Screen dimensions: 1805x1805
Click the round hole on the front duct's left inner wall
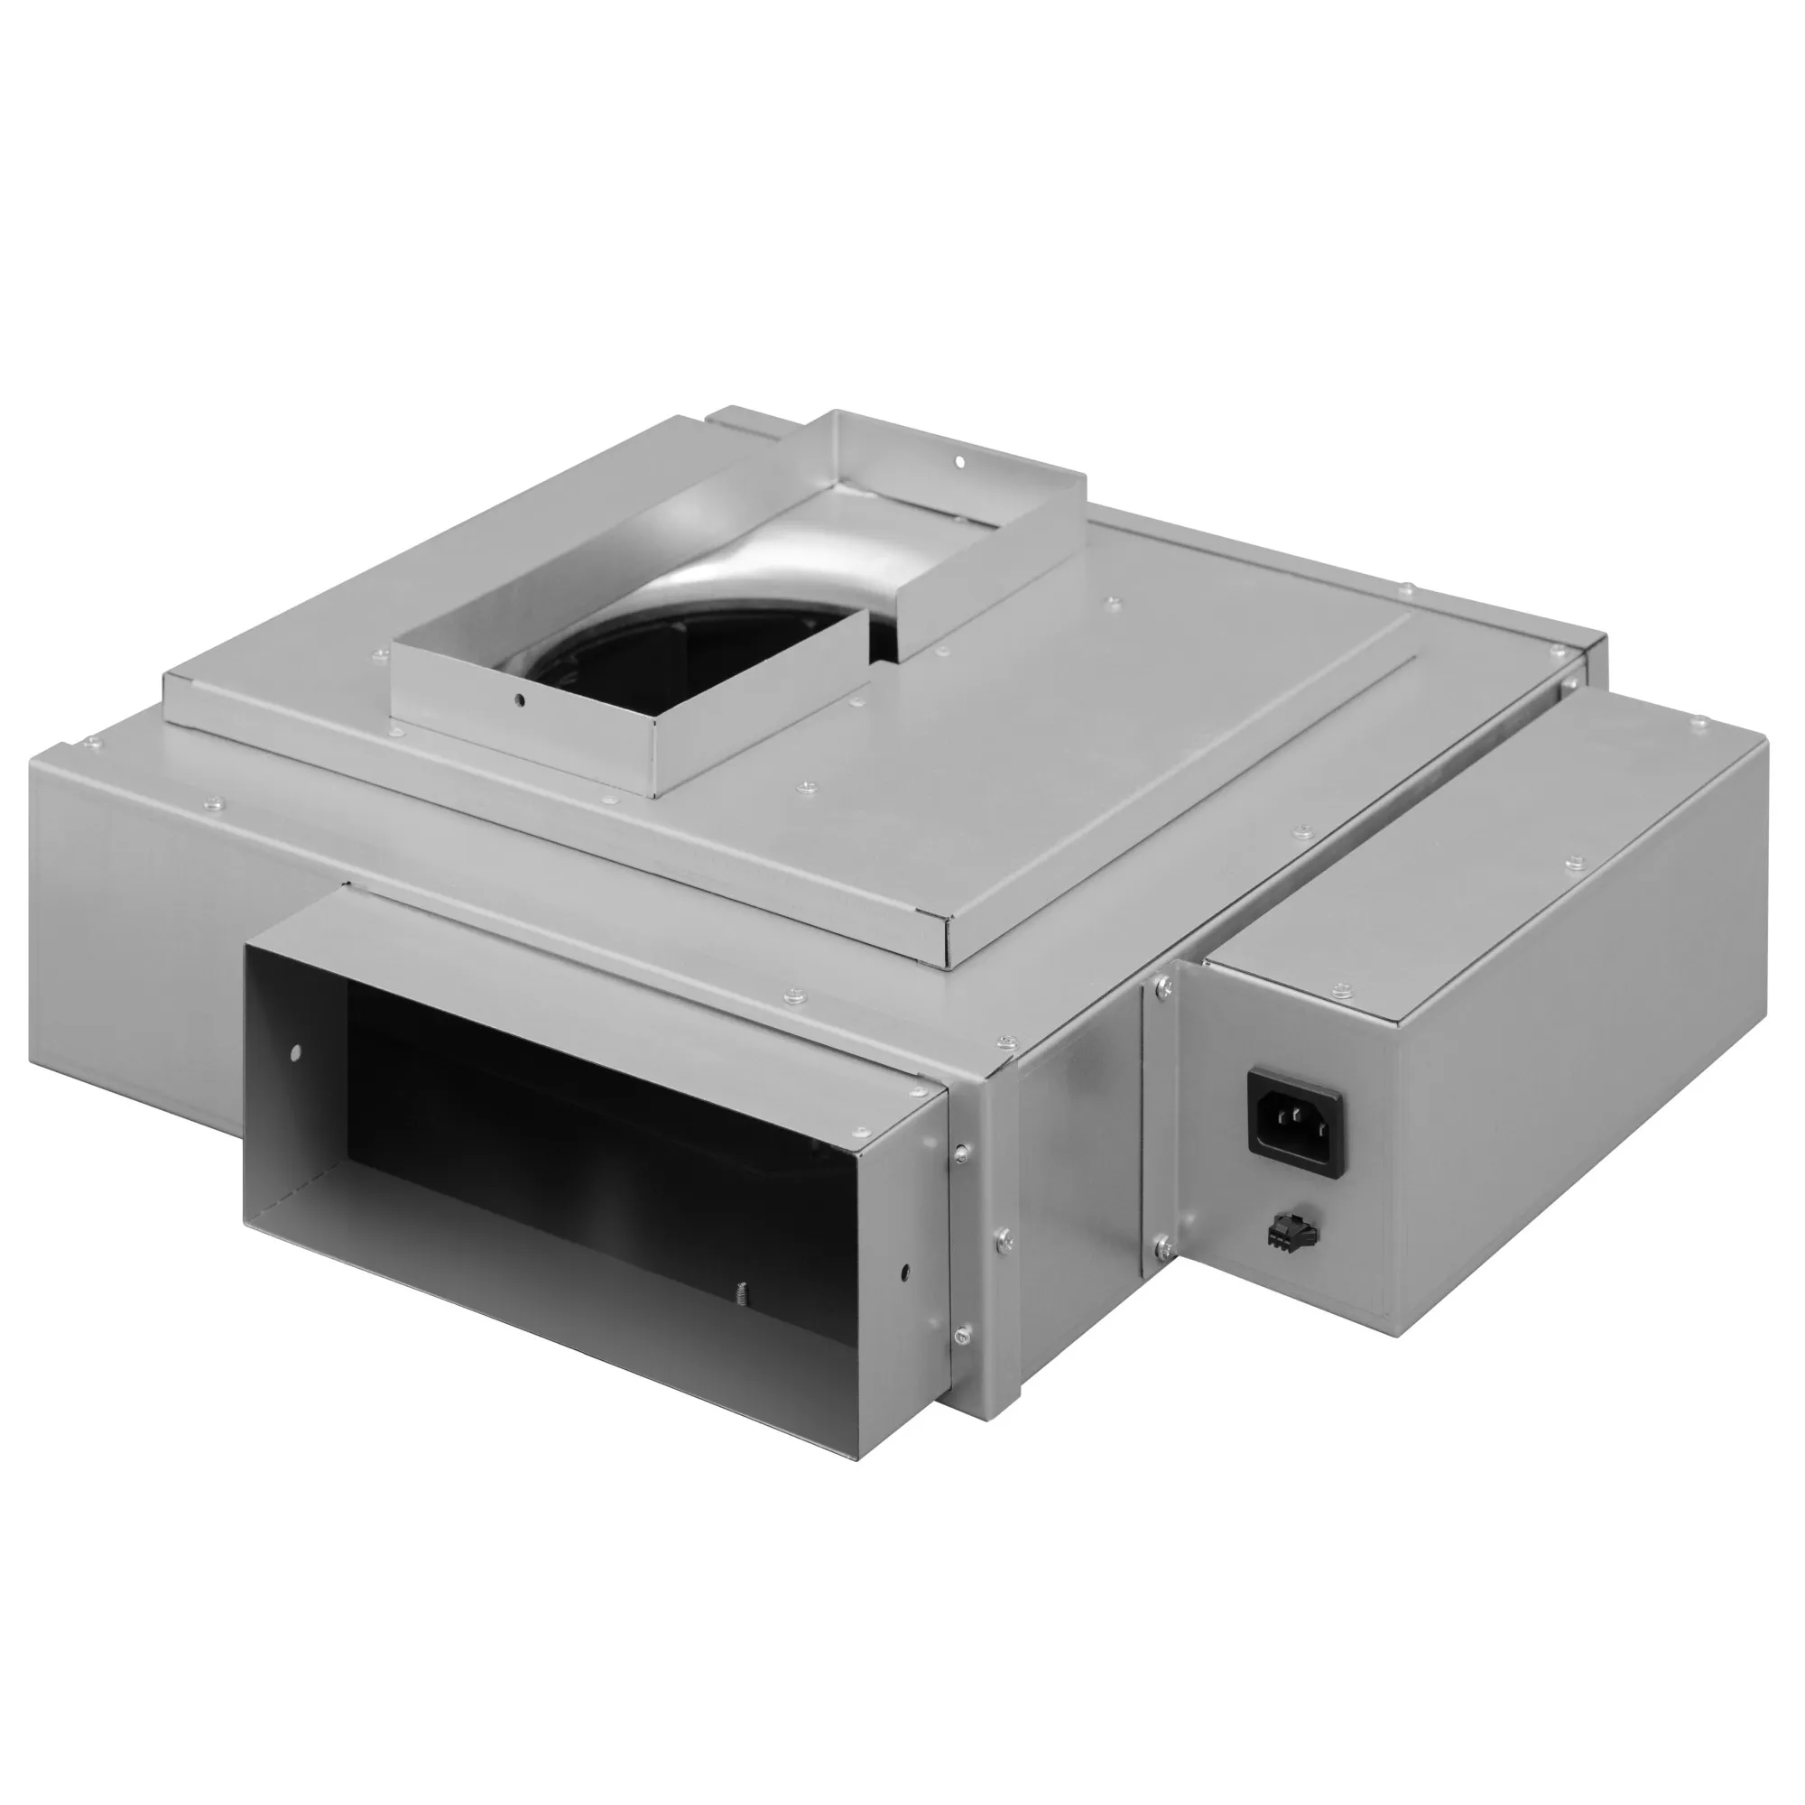[296, 1053]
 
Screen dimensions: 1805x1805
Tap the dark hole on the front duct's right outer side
[904, 1272]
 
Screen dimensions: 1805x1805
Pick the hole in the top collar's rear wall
[958, 460]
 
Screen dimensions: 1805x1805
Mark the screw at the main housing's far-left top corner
[89, 743]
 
